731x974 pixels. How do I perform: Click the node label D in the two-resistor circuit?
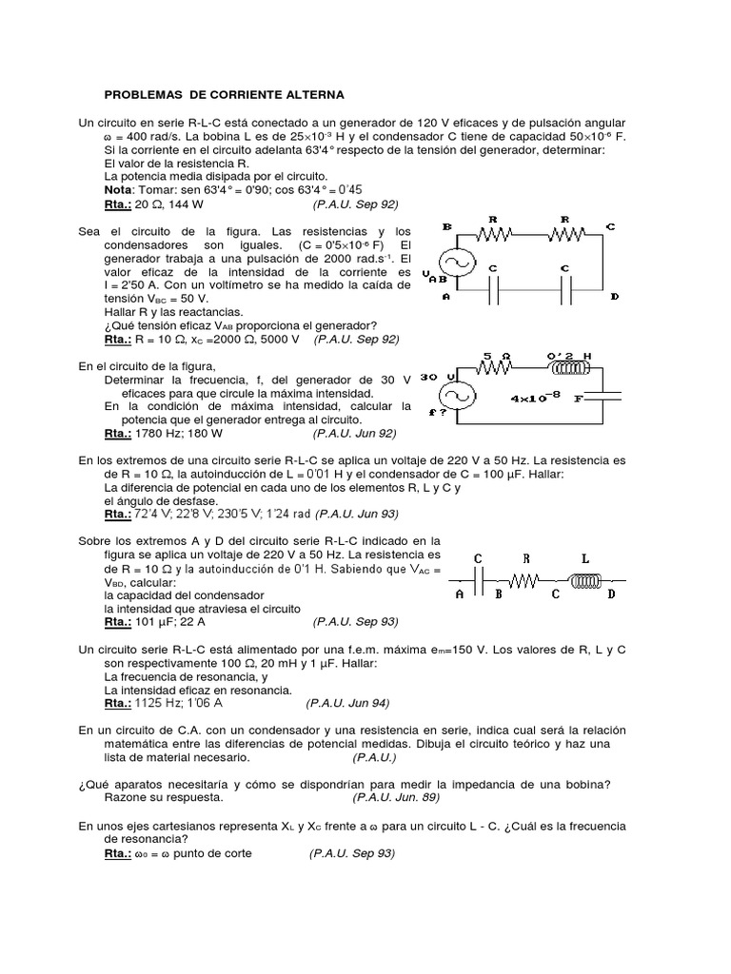click(x=615, y=297)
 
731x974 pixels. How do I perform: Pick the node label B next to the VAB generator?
click(x=446, y=227)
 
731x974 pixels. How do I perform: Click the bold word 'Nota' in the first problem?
click(x=118, y=190)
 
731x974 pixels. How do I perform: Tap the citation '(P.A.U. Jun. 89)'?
click(x=396, y=797)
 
